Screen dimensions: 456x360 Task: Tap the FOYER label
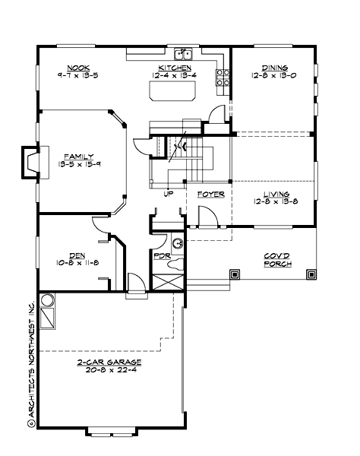coord(210,195)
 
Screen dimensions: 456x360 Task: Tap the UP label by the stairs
coord(167,195)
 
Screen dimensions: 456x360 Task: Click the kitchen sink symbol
coord(183,54)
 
